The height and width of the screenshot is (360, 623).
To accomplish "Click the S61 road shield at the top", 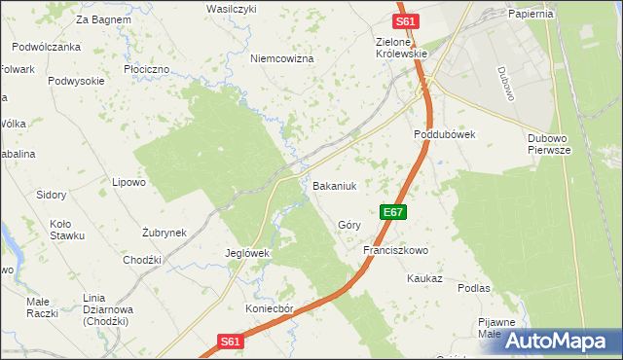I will (x=406, y=21).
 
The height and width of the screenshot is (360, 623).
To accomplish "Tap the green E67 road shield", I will (x=392, y=211).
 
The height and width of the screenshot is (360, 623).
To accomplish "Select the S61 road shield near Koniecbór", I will (x=229, y=342).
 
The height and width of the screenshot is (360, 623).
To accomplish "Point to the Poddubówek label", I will (x=444, y=135).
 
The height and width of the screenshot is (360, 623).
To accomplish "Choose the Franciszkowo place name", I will (x=396, y=250).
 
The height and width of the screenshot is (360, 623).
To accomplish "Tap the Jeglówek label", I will (x=247, y=253).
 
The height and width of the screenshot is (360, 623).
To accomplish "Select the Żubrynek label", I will (x=164, y=233).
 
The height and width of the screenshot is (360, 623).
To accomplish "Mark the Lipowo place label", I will (x=128, y=182).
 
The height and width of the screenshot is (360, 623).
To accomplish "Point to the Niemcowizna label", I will (x=282, y=59).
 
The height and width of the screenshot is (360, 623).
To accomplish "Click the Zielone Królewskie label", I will (x=402, y=48).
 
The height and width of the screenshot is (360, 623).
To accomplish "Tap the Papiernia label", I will (x=531, y=15).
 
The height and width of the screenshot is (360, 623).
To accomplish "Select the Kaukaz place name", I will (x=425, y=278).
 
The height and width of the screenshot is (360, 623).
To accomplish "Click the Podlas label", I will (x=473, y=289).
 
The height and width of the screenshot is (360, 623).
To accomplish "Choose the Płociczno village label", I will (x=147, y=70).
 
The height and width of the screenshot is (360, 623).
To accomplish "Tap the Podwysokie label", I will (x=76, y=82).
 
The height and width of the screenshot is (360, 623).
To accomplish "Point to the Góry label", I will (x=349, y=225).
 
